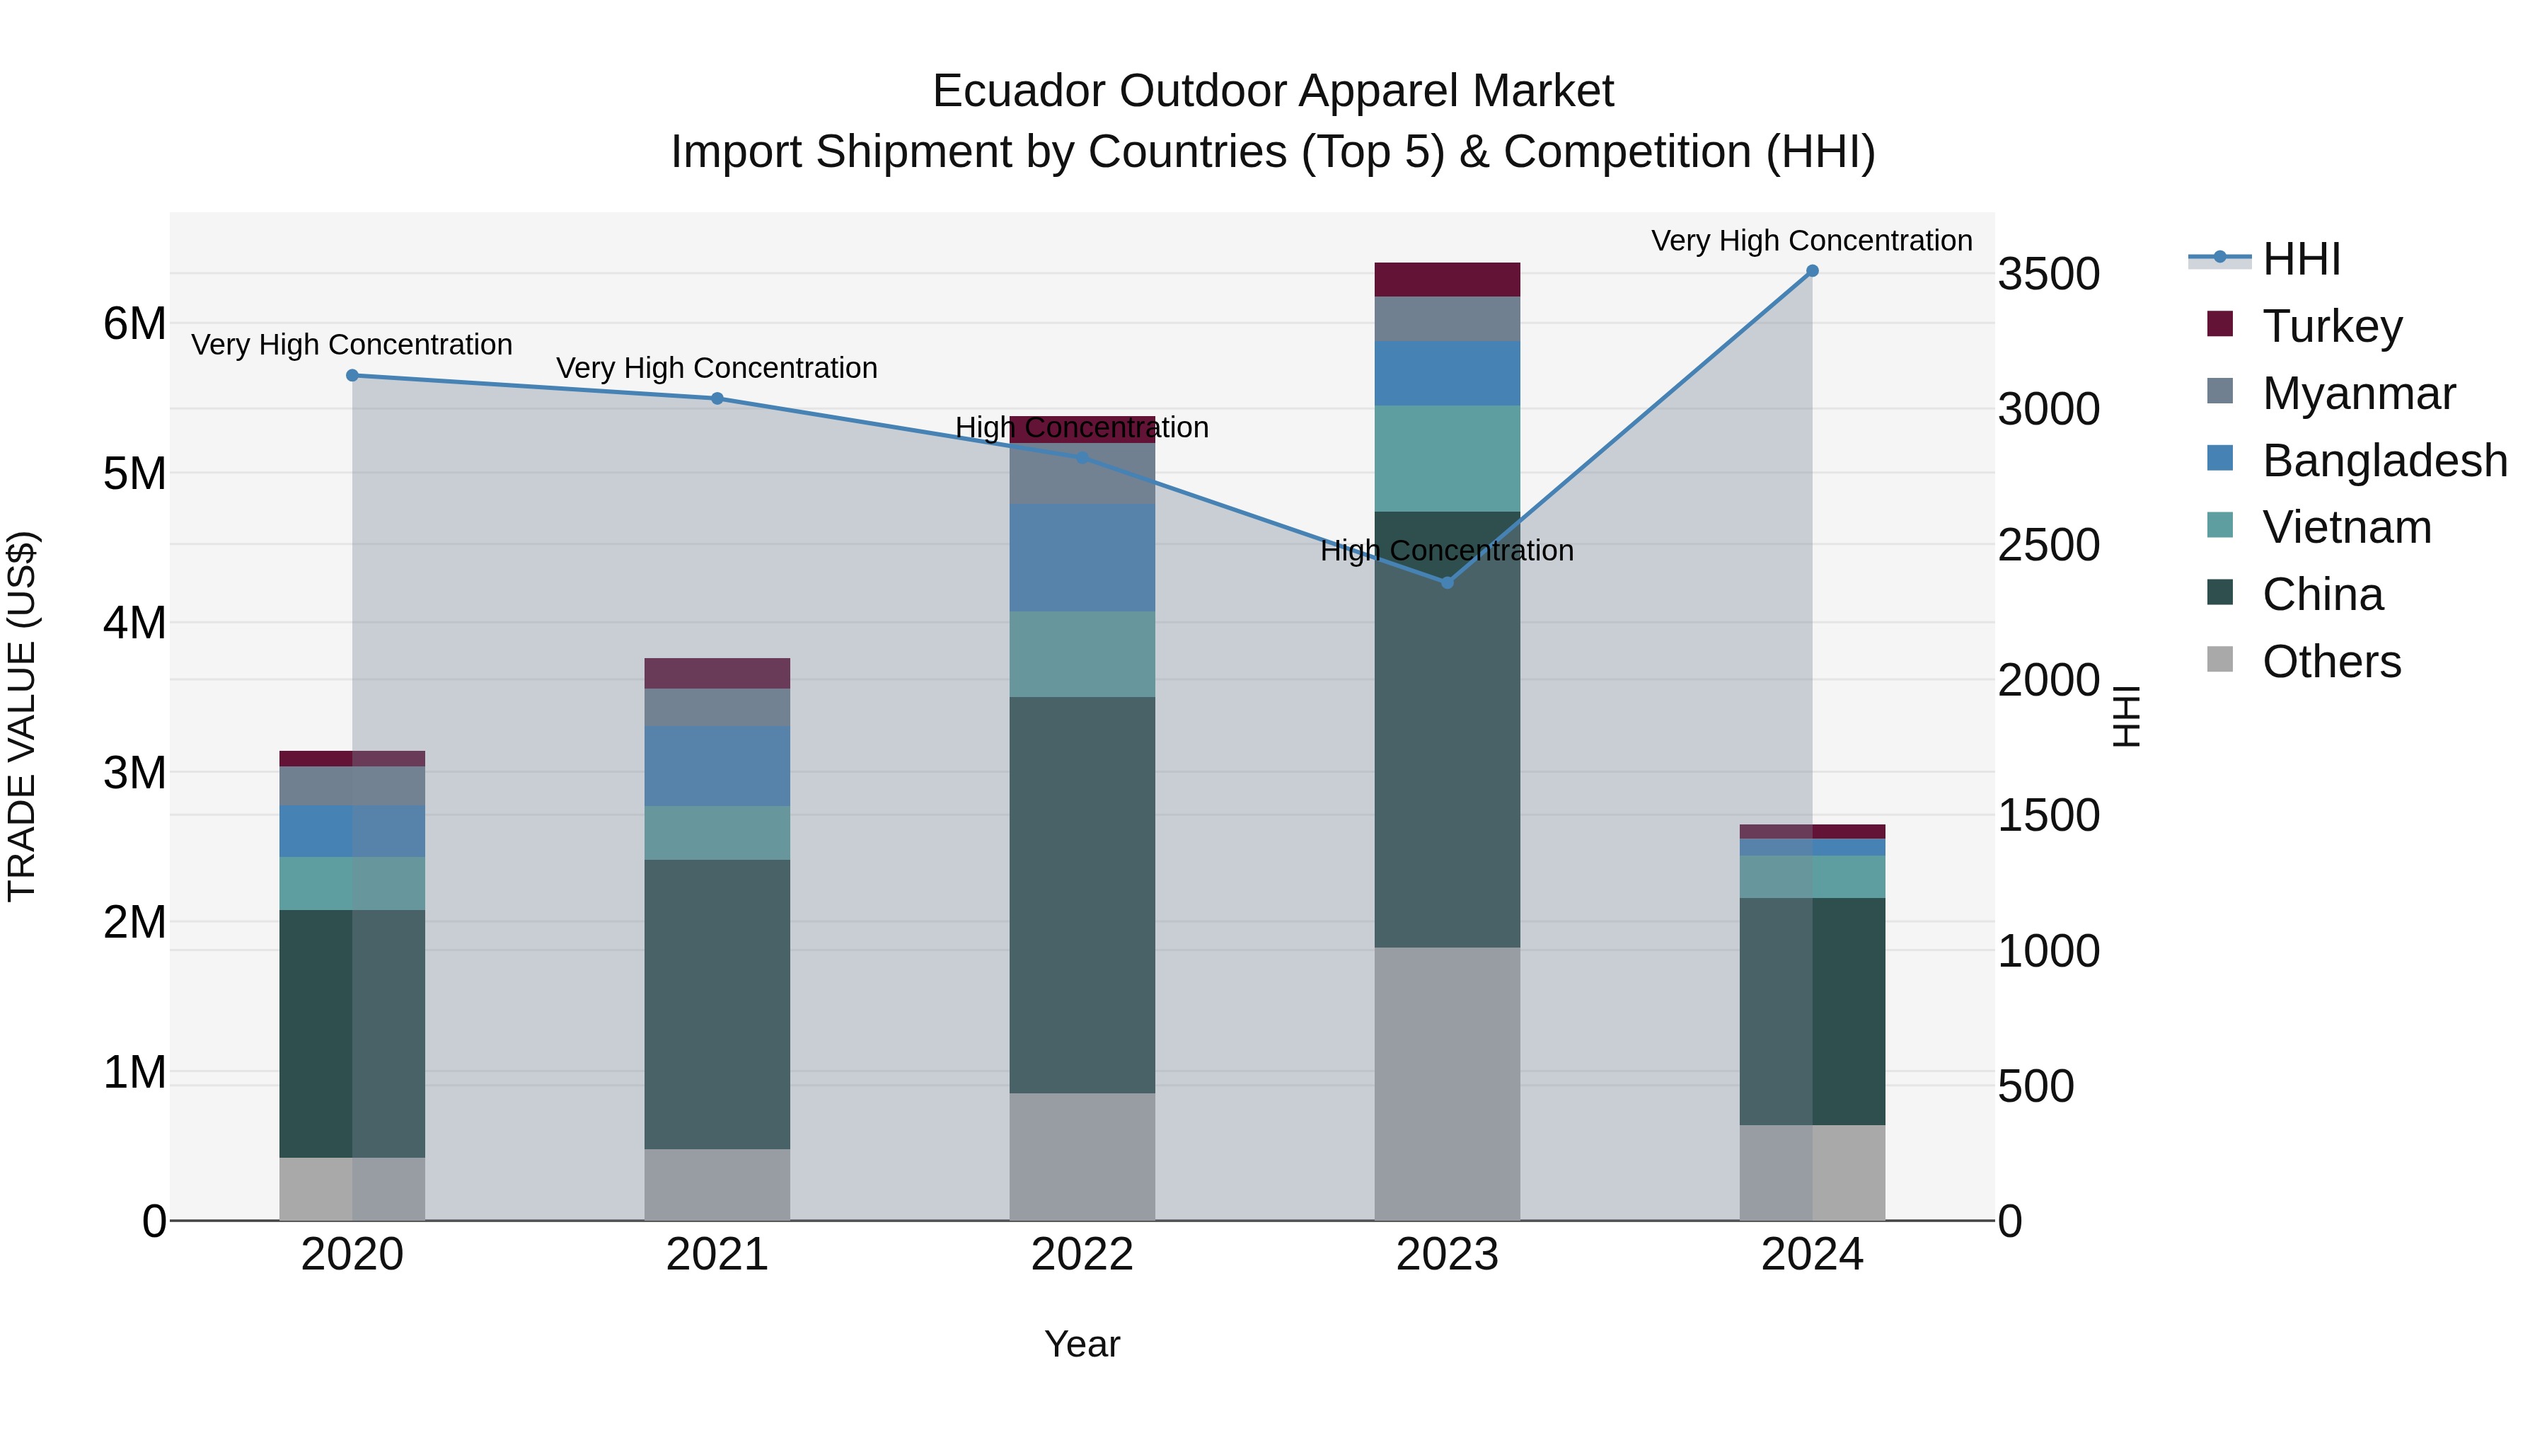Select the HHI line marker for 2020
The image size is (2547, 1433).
(352, 375)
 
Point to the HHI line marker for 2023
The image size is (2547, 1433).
(1447, 582)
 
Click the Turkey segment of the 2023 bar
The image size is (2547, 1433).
(1447, 280)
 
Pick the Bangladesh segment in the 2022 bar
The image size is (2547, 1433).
(1082, 557)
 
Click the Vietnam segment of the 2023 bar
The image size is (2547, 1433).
(1447, 458)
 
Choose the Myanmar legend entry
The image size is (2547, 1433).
(2358, 393)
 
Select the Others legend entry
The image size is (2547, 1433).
(2331, 662)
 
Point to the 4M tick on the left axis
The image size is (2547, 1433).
(134, 623)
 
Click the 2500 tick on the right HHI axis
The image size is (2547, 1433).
(2049, 545)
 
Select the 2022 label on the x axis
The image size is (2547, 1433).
(1082, 1255)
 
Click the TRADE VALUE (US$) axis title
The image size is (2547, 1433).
(22, 716)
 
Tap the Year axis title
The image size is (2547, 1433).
(1082, 1344)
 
